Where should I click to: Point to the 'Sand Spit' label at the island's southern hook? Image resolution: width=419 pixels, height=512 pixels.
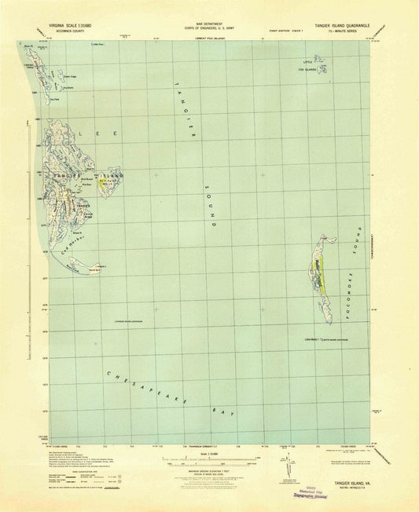[x=95, y=269]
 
